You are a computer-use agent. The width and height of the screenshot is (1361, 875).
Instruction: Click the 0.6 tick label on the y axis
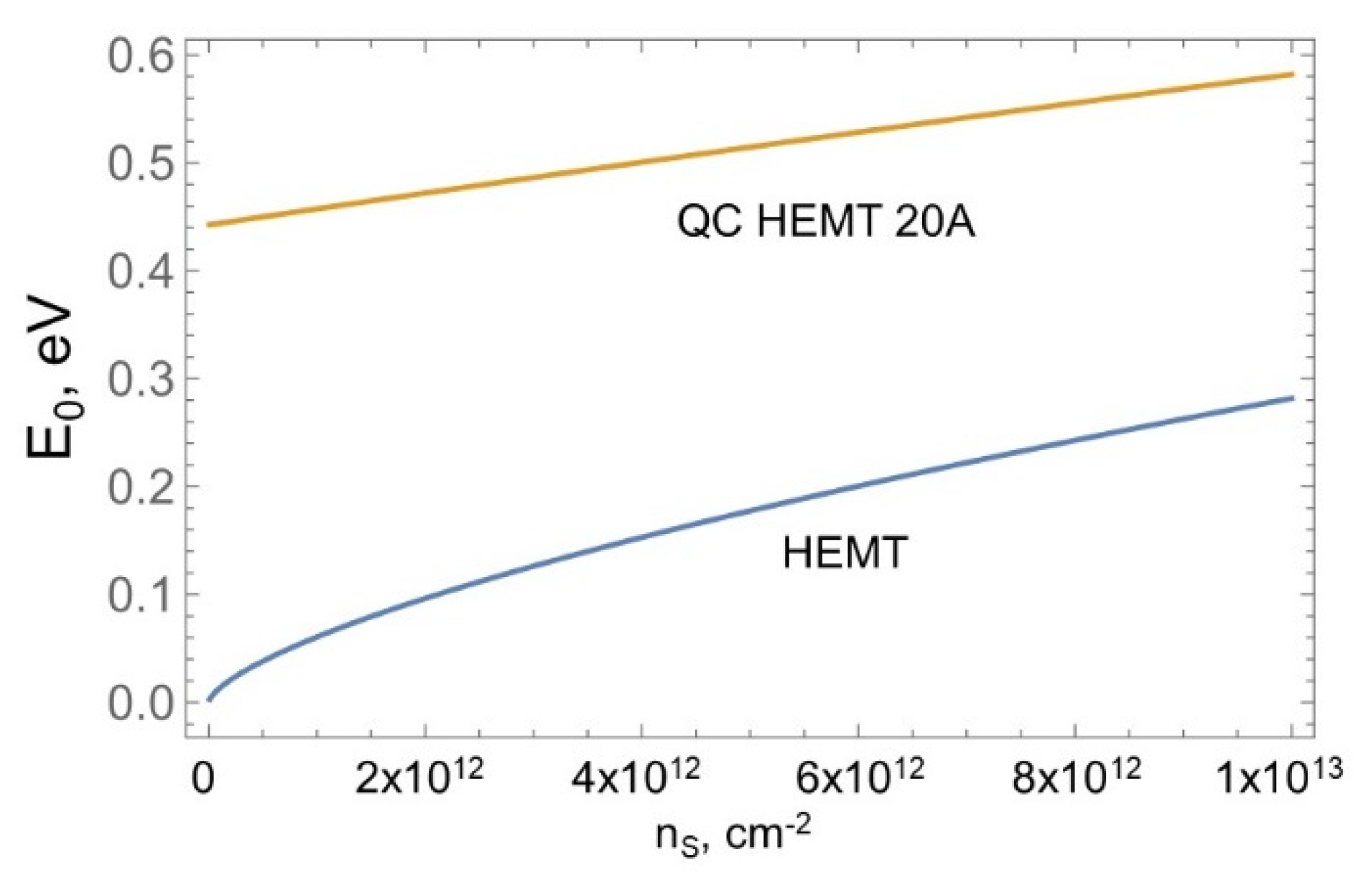pos(141,55)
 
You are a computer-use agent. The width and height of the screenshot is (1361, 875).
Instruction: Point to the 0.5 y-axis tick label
pos(141,164)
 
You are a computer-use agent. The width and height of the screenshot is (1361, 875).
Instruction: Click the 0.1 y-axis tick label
pos(141,595)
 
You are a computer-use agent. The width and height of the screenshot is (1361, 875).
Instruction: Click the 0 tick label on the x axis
pos(203,777)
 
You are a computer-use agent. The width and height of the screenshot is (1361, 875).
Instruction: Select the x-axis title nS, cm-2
pos(733,835)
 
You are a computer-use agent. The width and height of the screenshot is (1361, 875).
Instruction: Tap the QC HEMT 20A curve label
pos(826,222)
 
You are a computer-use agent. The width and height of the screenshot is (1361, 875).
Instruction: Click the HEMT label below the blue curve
pos(845,553)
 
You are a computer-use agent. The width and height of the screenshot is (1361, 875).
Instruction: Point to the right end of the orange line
pos(1292,75)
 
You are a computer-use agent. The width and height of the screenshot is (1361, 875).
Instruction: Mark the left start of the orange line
pos(209,225)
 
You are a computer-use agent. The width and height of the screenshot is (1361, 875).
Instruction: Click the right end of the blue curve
pos(1292,398)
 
